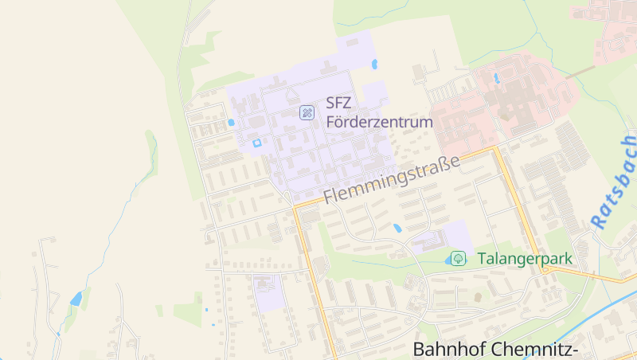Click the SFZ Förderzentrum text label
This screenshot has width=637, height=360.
tap(379, 113)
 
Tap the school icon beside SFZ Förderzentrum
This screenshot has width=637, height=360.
tap(307, 113)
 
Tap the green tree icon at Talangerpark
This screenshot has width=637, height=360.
tap(458, 258)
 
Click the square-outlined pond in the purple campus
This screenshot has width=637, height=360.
tap(256, 143)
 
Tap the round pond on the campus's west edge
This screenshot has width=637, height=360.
tap(231, 123)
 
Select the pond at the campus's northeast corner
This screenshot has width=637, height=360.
tap(374, 64)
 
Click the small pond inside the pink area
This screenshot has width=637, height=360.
tap(497, 78)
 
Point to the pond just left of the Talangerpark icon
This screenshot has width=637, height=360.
tap(443, 260)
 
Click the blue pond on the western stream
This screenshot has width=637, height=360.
tap(76, 299)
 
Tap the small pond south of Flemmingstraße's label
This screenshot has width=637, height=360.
tap(397, 228)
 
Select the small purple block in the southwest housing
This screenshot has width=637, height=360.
tap(268, 292)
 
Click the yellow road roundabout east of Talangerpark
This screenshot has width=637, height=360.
tap(545, 268)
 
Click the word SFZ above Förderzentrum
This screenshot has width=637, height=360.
tap(338, 103)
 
